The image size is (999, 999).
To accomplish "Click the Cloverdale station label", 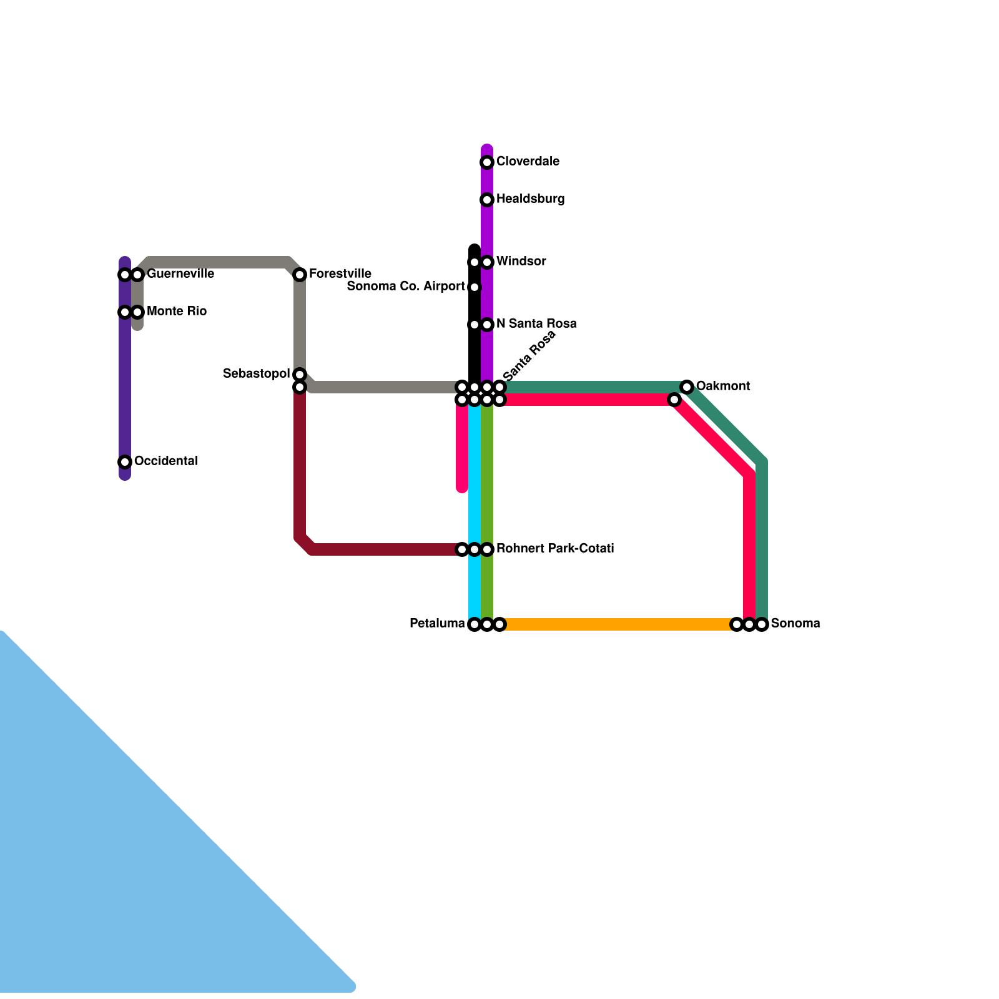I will coord(528,162).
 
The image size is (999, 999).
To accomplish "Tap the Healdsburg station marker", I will coord(487,200).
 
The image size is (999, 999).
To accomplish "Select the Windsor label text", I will coord(521,262).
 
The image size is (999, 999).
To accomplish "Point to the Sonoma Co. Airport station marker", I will coord(475,287).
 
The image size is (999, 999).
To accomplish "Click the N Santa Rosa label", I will coord(536,324).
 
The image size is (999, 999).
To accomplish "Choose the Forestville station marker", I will coord(300,275).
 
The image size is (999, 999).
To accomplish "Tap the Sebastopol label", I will coord(256,374).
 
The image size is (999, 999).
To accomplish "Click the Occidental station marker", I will coord(125,462).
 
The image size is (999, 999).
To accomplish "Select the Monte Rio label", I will coord(176,312).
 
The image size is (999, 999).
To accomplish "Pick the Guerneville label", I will coord(180,274).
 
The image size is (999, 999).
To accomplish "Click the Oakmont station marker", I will coord(687,387).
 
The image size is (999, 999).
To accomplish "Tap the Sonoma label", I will coord(795,624).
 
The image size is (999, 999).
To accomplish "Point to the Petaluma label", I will coord(437,624).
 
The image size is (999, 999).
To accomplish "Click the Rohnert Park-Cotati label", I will coord(554,549).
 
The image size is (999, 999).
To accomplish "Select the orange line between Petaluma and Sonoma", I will coord(618,624).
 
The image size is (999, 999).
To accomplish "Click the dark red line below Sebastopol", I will coord(300,468).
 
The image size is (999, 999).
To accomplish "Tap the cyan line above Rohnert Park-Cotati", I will coord(475,475).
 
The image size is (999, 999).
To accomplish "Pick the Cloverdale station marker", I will coord(487,162).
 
